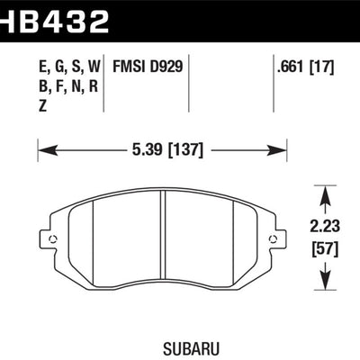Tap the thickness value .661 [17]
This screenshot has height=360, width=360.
[308, 67]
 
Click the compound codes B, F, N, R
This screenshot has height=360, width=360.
[56, 86]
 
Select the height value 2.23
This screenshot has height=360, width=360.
[323, 229]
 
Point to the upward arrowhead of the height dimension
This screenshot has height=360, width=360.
[323, 190]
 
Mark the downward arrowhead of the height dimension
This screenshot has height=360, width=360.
[323, 291]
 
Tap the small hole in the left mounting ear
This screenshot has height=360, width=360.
[51, 239]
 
